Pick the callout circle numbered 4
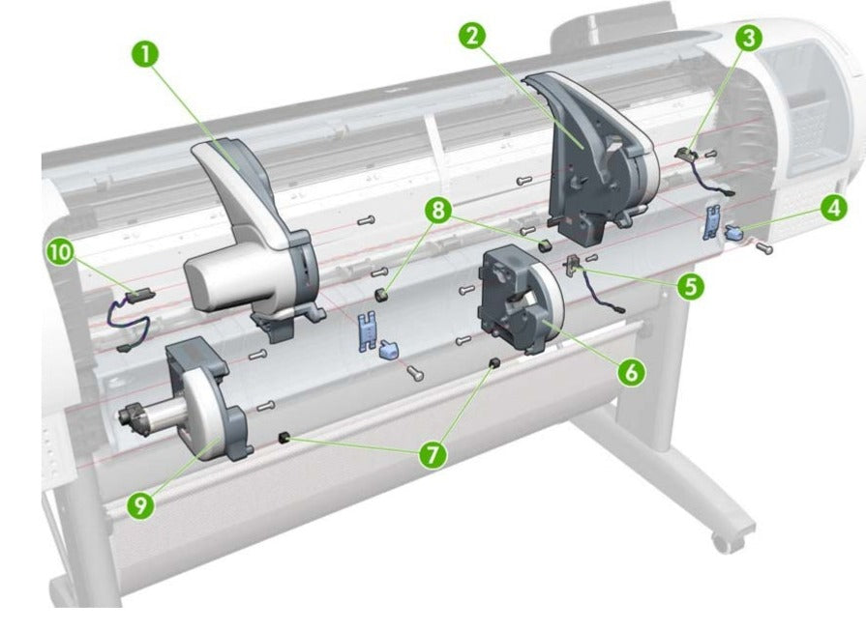pyautogui.click(x=831, y=206)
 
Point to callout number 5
pyautogui.click(x=689, y=287)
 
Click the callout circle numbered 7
pyautogui.click(x=433, y=453)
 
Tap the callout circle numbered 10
pyautogui.click(x=60, y=252)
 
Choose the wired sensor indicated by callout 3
pyautogui.click(x=692, y=153)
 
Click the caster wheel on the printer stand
pyautogui.click(x=722, y=538)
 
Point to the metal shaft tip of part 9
pyautogui.click(x=126, y=419)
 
